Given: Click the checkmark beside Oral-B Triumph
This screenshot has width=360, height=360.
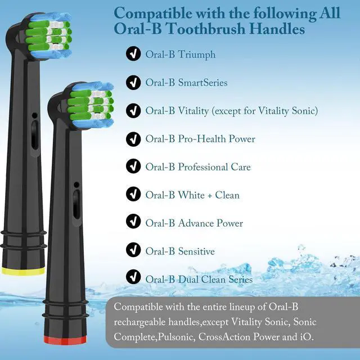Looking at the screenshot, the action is pyautogui.click(x=133, y=53).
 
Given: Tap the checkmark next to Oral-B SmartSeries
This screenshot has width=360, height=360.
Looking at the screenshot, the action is pyautogui.click(x=133, y=83).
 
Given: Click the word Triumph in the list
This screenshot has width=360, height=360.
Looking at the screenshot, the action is pyautogui.click(x=197, y=55).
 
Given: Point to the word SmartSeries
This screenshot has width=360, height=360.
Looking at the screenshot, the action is pyautogui.click(x=202, y=83).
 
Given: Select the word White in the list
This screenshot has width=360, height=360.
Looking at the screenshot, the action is pyautogui.click(x=191, y=195).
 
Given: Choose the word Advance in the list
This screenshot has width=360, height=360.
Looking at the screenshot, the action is pyautogui.click(x=196, y=223).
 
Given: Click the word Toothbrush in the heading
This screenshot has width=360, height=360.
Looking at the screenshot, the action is pyautogui.click(x=205, y=29).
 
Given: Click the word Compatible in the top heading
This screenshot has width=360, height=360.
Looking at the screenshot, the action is pyautogui.click(x=153, y=13).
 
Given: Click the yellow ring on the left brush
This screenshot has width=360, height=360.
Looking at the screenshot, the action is pyautogui.click(x=23, y=271).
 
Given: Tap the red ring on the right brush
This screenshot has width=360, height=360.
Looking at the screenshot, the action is pyautogui.click(x=65, y=340).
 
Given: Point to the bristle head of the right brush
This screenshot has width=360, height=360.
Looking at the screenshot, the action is pyautogui.click(x=91, y=105).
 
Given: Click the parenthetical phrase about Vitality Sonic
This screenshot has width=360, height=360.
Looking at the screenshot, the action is pyautogui.click(x=265, y=111).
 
